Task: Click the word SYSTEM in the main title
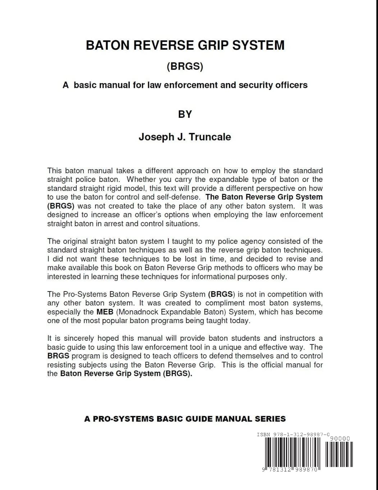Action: [x=258, y=45]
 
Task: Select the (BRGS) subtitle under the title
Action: [x=185, y=66]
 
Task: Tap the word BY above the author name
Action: [x=185, y=114]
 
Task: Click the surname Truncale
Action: [x=210, y=137]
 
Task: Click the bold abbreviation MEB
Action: [x=105, y=312]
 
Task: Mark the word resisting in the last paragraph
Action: [x=62, y=365]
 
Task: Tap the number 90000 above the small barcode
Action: [x=340, y=438]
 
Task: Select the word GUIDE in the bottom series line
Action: [x=199, y=419]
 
